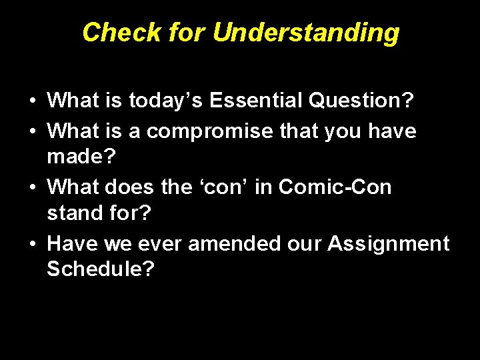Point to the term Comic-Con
click(335, 187)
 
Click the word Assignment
click(388, 244)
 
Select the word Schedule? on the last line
click(101, 269)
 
